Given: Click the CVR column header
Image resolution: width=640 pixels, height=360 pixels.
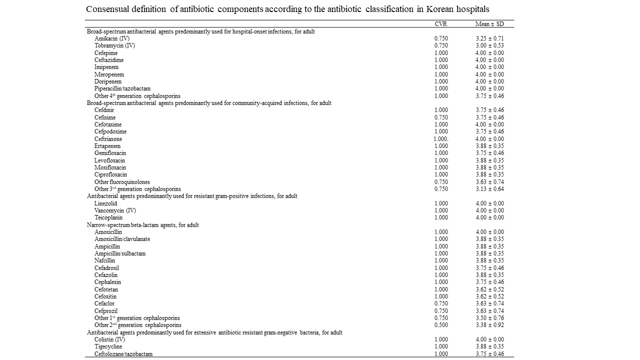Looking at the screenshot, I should (440, 24).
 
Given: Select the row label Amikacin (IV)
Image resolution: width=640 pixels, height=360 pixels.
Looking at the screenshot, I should (112, 38).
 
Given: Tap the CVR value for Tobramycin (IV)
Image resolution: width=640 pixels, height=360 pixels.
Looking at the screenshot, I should (441, 45).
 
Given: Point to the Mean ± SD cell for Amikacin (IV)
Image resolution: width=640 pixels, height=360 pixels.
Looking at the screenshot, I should (489, 38).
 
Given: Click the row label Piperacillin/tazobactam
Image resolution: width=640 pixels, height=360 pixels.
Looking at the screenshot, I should (122, 88).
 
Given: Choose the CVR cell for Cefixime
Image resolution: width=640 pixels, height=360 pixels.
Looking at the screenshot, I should (441, 117).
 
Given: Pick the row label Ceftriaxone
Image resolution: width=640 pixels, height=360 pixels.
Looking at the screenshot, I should (108, 139).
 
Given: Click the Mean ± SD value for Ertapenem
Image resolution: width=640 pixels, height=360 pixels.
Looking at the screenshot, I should (489, 146).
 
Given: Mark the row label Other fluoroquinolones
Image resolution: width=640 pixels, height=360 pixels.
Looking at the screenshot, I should (122, 182).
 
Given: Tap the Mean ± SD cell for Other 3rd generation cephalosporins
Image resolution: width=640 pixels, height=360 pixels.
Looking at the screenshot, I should (489, 189).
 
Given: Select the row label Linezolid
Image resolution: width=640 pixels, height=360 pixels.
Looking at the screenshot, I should (105, 203).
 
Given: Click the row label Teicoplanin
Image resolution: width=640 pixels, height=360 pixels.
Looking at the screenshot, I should (108, 217).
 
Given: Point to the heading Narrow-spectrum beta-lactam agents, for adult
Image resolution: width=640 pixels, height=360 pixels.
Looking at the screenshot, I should (143, 225).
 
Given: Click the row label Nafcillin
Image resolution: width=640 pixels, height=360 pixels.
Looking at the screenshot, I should (104, 260).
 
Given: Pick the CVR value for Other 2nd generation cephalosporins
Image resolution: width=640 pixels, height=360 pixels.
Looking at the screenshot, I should (441, 325).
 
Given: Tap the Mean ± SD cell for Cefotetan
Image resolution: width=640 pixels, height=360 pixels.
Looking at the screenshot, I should (489, 289).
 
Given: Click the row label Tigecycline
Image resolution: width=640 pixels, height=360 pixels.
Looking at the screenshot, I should (108, 346).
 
